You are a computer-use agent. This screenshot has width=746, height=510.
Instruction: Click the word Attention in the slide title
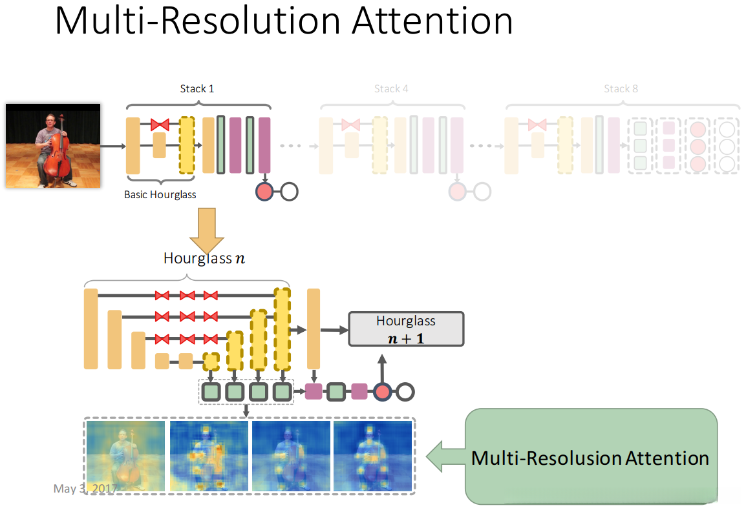[432, 21]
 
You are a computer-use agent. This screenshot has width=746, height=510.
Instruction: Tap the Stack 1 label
[197, 89]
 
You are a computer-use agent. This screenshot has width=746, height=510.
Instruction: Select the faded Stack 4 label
[391, 89]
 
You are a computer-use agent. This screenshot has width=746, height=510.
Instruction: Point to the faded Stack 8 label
[621, 89]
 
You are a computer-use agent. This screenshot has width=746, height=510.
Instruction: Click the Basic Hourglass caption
[160, 194]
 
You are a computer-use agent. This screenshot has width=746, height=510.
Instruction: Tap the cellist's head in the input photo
[50, 120]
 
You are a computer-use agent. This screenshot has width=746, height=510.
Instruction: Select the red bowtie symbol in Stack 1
[160, 125]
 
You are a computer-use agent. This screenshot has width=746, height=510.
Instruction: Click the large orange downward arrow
[206, 230]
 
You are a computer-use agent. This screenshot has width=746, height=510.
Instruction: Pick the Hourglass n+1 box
[407, 329]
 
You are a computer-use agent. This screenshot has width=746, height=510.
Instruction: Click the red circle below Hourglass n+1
[383, 392]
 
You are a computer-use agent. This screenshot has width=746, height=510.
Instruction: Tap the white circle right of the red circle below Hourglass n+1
[405, 392]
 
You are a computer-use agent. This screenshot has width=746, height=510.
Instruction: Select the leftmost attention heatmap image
[125, 456]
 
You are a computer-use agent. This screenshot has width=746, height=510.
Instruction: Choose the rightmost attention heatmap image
[372, 456]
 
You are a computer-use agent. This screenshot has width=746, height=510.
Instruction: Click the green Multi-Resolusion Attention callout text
[590, 458]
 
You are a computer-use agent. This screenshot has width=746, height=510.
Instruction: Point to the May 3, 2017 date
[85, 489]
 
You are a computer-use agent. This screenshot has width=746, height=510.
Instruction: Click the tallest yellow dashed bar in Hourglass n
[282, 329]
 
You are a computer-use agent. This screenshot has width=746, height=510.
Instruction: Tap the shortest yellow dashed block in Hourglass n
[211, 362]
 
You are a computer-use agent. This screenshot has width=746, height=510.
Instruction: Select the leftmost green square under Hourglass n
[211, 392]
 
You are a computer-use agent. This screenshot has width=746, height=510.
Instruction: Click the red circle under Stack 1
[264, 192]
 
